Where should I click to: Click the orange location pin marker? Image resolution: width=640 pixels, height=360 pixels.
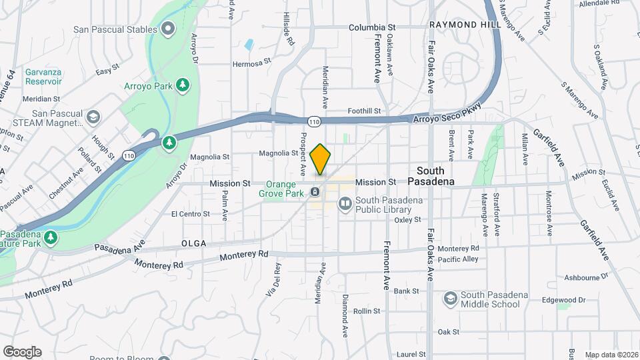(x=321, y=159)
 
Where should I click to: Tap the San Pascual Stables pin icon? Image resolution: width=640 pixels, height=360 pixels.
(x=167, y=29)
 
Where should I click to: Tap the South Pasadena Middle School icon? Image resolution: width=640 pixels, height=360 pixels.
(x=451, y=299)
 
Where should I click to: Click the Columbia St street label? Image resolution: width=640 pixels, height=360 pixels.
(x=372, y=28)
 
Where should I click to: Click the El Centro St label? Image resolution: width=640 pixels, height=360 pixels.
(x=190, y=214)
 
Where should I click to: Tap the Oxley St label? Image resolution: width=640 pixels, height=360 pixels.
(x=407, y=219)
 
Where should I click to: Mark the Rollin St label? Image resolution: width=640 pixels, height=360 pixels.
(x=367, y=311)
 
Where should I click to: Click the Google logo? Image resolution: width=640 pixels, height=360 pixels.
(x=22, y=351)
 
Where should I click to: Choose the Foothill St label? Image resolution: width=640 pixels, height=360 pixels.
(x=364, y=111)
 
